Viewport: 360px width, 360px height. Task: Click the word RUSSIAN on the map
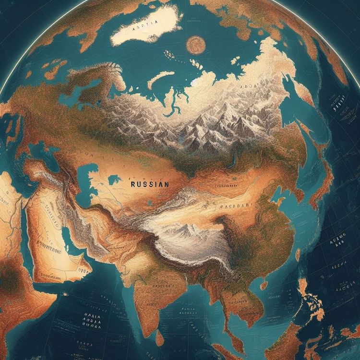pyautogui.click(x=149, y=183)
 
